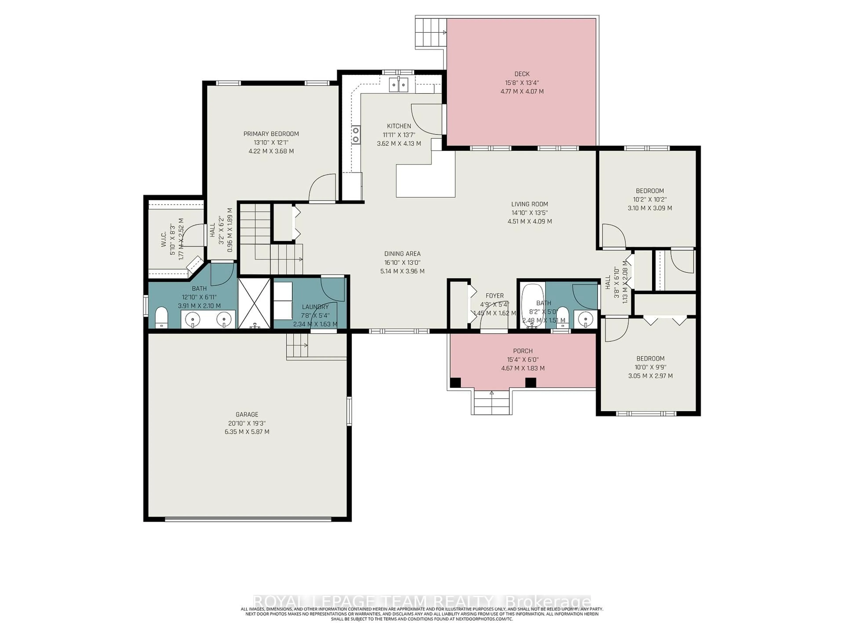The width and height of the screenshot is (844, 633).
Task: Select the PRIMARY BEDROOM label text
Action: point(271,134)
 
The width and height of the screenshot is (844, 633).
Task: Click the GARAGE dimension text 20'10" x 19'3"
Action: point(247,423)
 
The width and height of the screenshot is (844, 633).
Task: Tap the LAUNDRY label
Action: point(315,307)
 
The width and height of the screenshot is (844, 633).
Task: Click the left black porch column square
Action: point(455,382)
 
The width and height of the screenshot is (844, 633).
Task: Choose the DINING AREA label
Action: point(402,254)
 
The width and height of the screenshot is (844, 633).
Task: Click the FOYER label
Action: point(495,296)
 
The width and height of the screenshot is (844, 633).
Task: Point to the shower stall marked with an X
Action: point(254,303)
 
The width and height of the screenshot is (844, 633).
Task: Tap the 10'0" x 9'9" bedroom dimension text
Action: point(650,367)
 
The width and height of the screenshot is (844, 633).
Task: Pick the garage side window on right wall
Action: point(349,411)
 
